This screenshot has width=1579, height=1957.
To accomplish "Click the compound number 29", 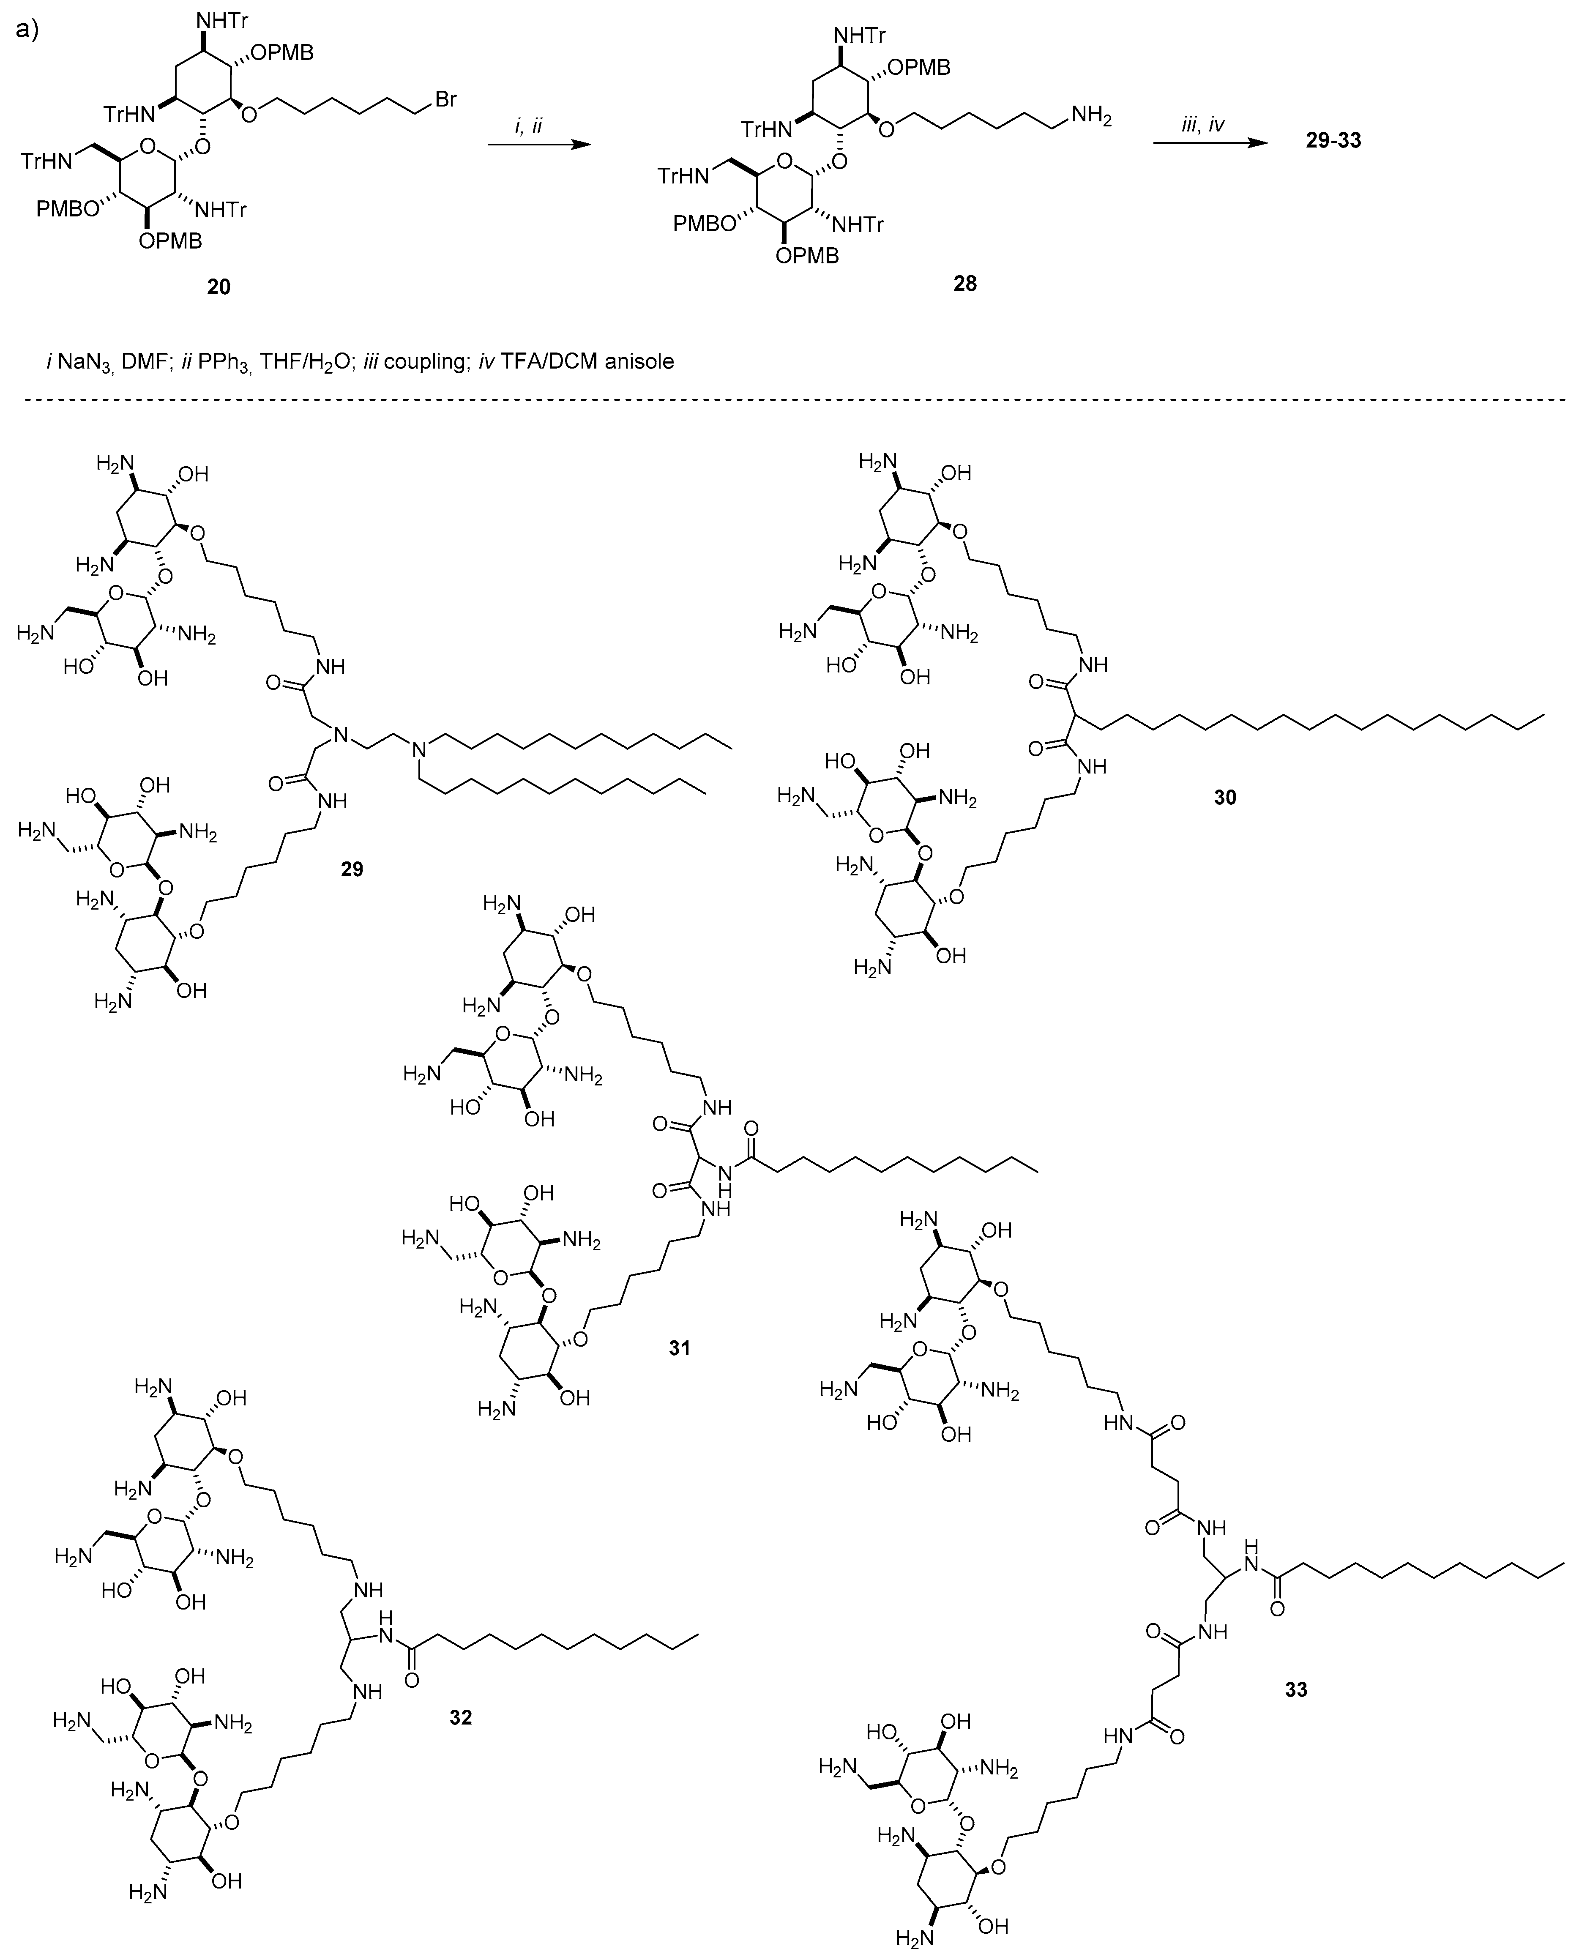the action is point(352,869).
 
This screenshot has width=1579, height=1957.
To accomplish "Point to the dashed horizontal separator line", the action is point(789,398).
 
